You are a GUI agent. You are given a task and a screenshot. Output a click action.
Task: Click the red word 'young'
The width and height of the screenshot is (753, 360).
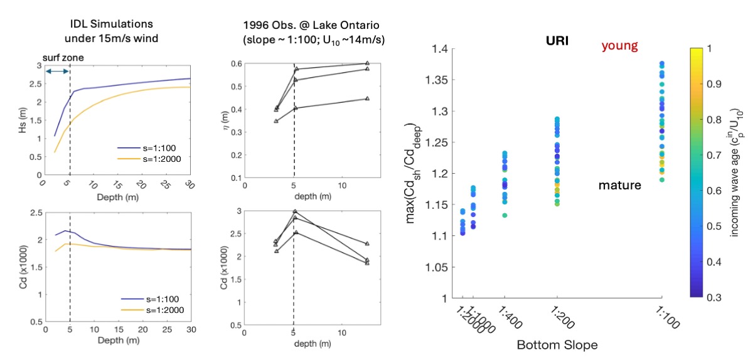(619, 46)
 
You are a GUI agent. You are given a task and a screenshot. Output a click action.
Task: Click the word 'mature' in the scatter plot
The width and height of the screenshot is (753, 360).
(619, 186)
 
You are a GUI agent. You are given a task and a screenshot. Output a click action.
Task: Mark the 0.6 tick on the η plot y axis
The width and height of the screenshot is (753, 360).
(238, 65)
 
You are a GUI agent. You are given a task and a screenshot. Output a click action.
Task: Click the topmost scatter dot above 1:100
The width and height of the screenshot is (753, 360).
(661, 64)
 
